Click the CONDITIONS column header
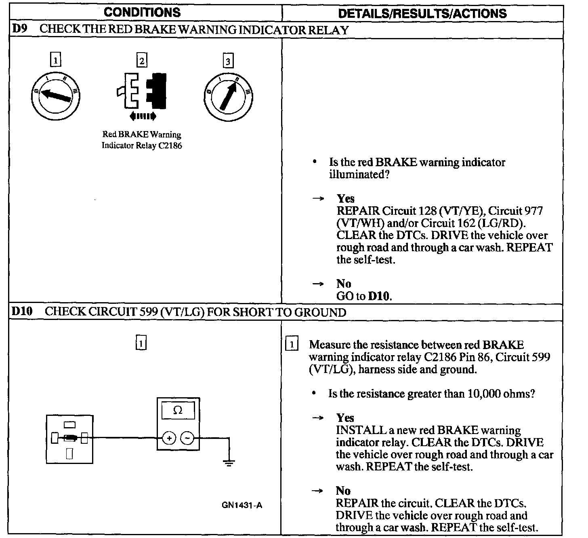click(142, 12)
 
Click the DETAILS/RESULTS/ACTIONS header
click(422, 14)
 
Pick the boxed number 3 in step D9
click(228, 61)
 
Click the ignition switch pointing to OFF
click(55, 96)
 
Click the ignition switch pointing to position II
click(229, 96)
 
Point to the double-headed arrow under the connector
click(143, 117)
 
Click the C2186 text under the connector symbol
click(170, 146)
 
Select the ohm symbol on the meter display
click(178, 410)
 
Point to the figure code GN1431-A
click(242, 505)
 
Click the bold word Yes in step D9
click(346, 199)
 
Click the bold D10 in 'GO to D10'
click(379, 296)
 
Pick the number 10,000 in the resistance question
click(484, 394)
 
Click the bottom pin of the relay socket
click(69, 454)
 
